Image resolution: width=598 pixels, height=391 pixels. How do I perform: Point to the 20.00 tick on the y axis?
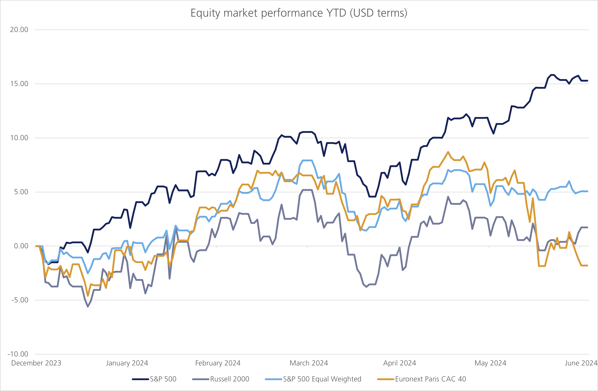tap(19, 30)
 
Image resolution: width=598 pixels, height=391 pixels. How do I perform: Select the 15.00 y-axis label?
tap(19, 84)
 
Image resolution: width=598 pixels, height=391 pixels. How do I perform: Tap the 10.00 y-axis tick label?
tap(19, 138)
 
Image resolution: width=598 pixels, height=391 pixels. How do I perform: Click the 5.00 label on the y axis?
tap(21, 192)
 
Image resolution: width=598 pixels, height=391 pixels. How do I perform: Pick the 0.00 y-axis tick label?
tap(21, 246)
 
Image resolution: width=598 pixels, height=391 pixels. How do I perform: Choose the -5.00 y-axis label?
tap(20, 300)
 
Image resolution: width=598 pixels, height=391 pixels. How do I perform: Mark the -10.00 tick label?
tap(18, 354)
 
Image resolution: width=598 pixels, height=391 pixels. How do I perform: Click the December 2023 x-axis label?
tap(36, 363)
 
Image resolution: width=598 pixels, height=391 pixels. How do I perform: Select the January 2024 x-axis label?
tap(127, 363)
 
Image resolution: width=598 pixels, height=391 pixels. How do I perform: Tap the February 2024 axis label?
tap(218, 363)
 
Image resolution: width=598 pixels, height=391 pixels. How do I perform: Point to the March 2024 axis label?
tap(309, 363)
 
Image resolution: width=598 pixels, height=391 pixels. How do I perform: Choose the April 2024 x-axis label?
tap(399, 363)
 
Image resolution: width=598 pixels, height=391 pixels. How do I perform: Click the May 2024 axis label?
tap(490, 363)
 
